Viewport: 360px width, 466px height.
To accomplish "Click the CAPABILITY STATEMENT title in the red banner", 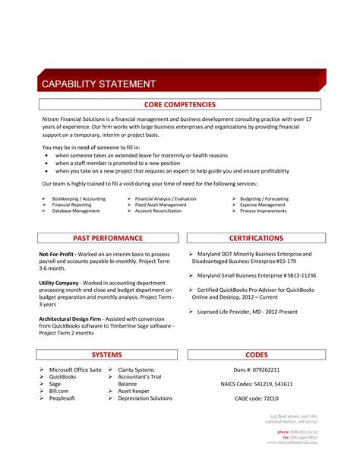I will point(98,84).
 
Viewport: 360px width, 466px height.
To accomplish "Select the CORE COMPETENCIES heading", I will point(180,105).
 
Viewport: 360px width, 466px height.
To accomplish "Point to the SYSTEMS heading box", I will point(107,355).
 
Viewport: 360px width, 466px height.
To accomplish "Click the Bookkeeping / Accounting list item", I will point(77,198).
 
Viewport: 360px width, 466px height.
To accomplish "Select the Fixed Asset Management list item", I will point(160,204).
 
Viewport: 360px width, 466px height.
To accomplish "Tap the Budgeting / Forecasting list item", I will point(264,198).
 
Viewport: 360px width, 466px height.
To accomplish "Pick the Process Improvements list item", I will point(263,211).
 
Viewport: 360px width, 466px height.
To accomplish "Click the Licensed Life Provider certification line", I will point(246,311).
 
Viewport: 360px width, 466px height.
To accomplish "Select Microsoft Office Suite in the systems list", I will point(75,369).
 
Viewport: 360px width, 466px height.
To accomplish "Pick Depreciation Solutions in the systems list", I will point(145,398).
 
